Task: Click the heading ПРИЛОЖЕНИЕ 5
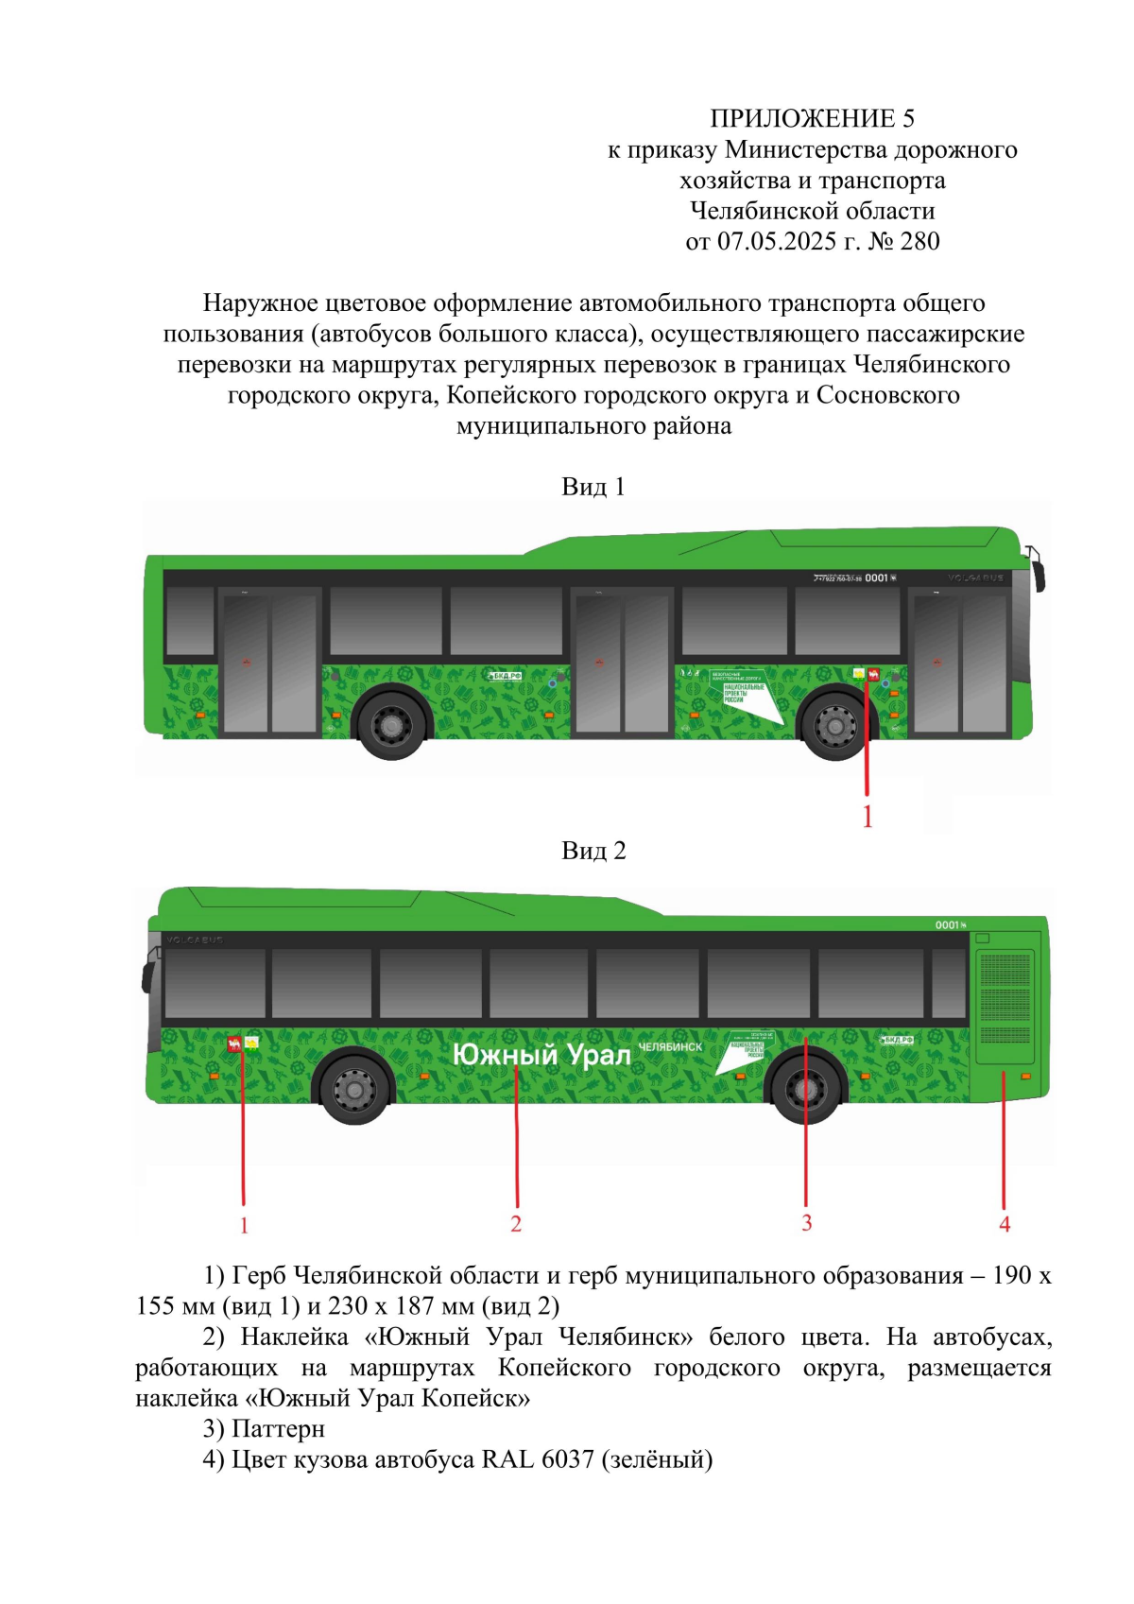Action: point(812,118)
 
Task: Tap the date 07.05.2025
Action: point(777,242)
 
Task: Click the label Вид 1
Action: point(593,487)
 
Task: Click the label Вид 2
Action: point(593,851)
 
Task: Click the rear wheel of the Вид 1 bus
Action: point(391,726)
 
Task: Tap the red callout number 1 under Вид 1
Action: point(868,817)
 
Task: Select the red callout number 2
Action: point(516,1224)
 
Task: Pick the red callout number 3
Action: point(806,1223)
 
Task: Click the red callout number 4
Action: point(1005,1224)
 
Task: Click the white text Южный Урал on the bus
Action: point(541,1055)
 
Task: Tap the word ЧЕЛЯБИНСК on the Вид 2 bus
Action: point(670,1047)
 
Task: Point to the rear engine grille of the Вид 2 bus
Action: point(1005,1007)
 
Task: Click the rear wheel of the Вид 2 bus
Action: point(806,1089)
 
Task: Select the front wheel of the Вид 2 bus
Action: point(354,1089)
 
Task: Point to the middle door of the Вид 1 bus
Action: point(622,663)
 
